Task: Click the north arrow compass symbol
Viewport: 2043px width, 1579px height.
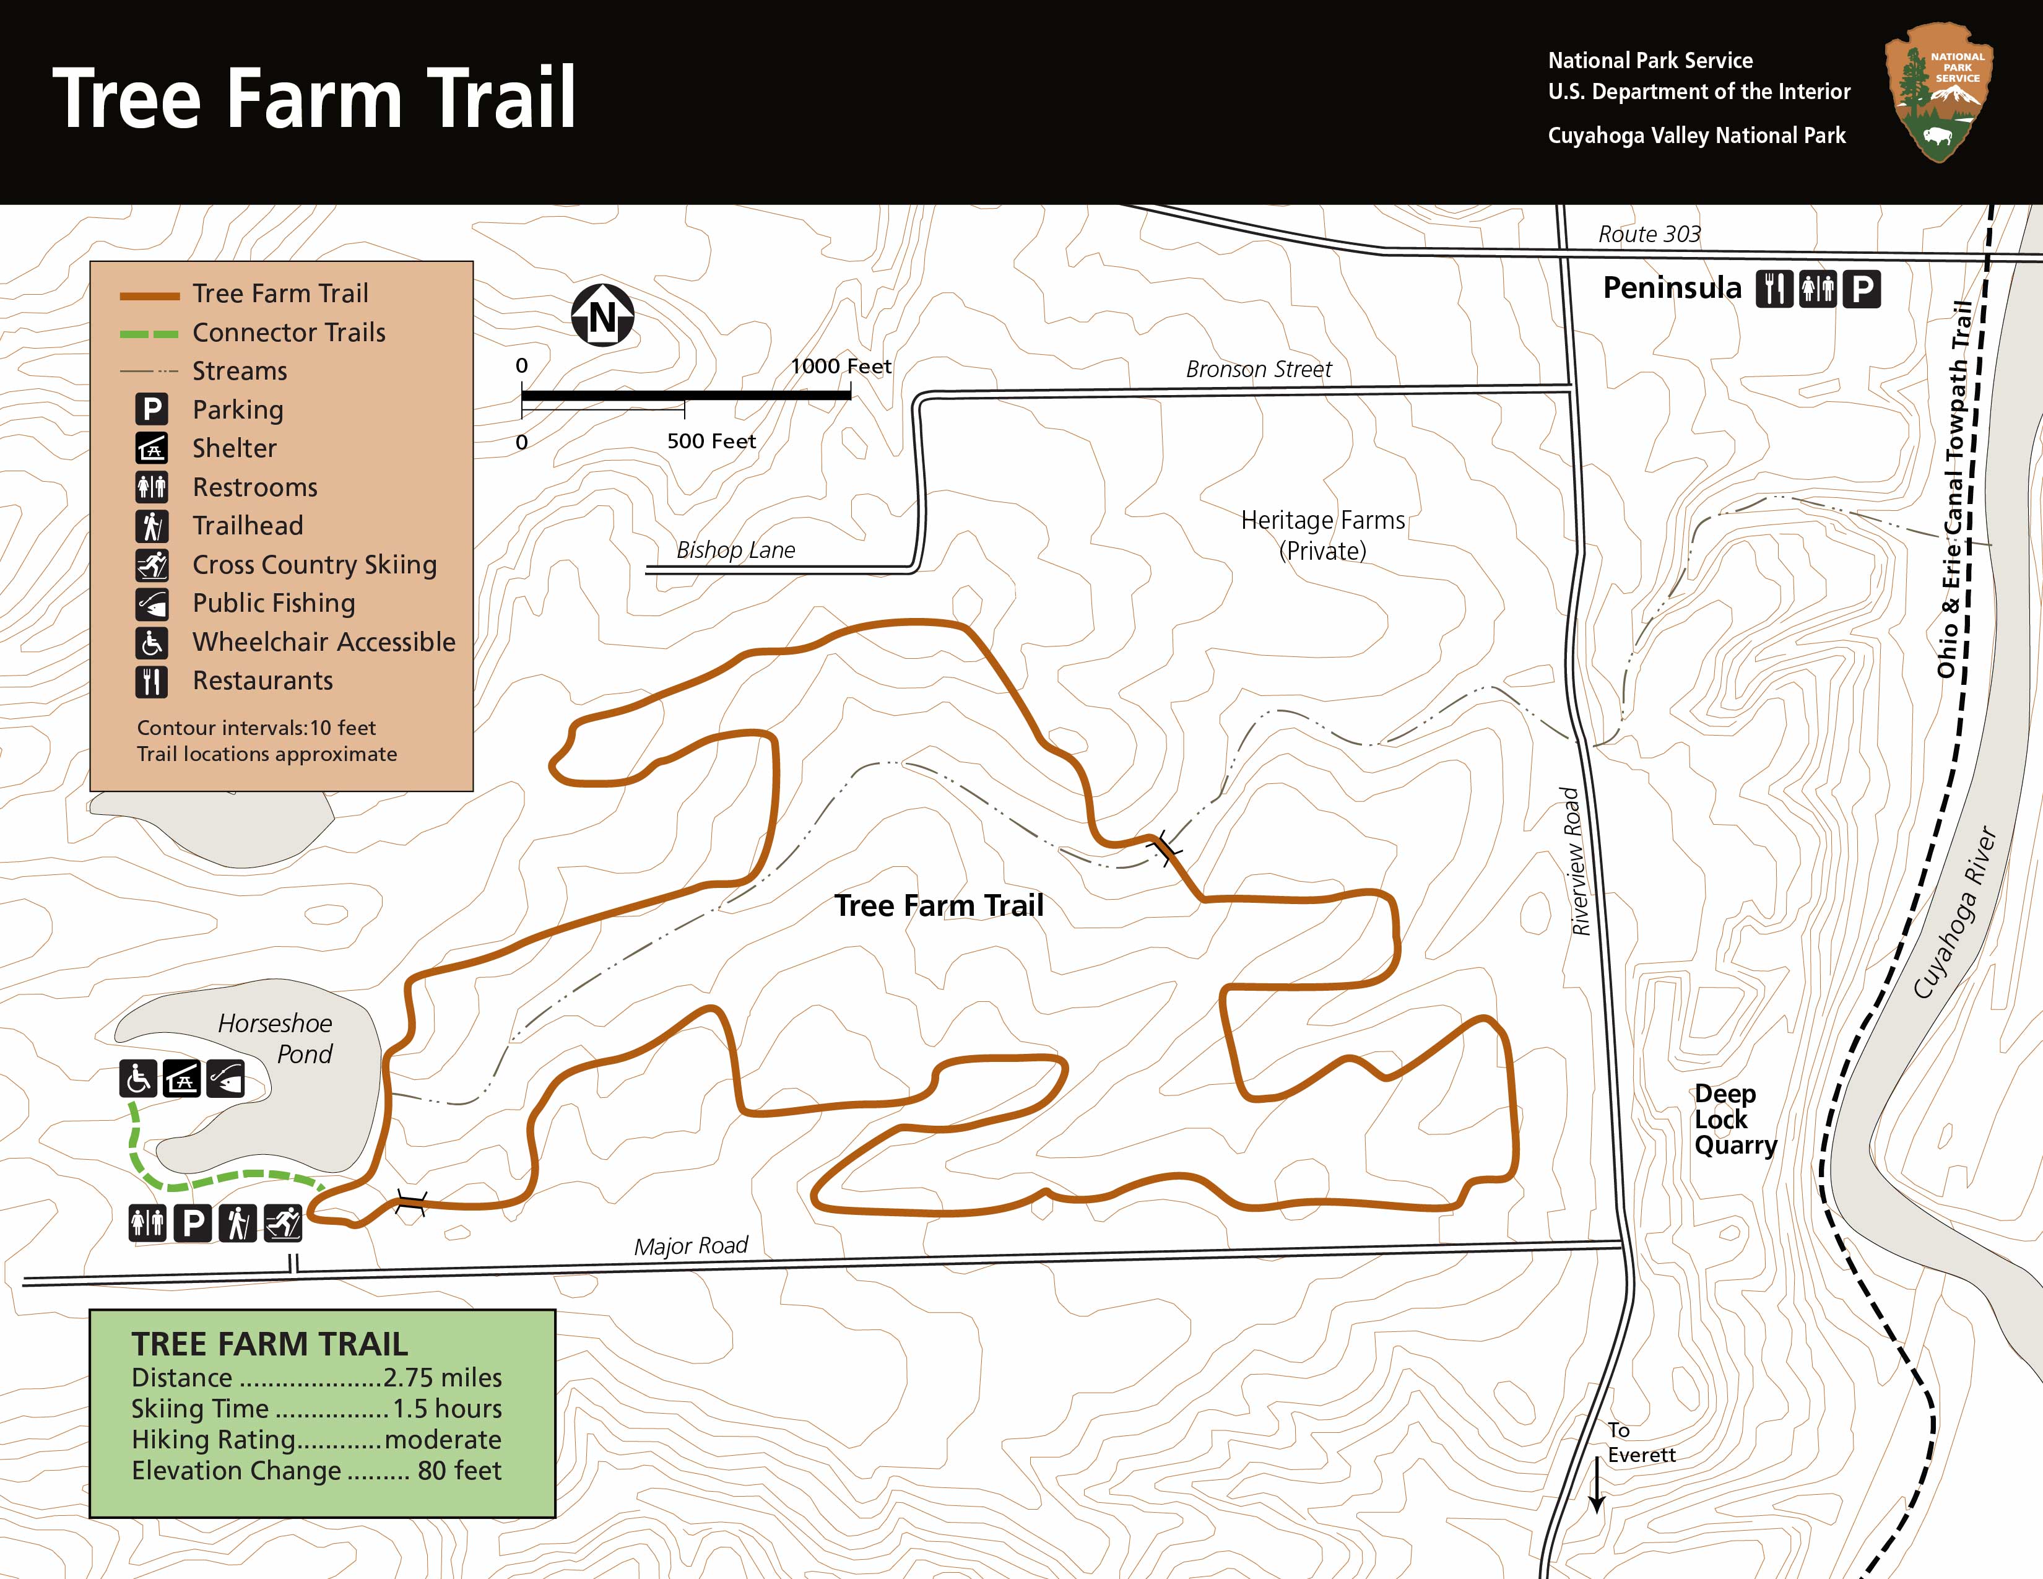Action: [602, 315]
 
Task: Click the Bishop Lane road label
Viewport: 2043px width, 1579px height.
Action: [735, 550]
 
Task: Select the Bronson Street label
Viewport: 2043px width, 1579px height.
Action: [1258, 370]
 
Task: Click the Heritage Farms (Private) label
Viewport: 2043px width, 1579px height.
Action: [1323, 535]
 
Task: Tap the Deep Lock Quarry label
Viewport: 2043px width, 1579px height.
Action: [1734, 1119]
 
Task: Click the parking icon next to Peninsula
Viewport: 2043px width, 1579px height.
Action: [1862, 289]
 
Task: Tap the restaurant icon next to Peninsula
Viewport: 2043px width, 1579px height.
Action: [1774, 289]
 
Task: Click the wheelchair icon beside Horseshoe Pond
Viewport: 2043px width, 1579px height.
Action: [139, 1079]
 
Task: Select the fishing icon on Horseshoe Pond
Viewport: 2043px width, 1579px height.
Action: [225, 1079]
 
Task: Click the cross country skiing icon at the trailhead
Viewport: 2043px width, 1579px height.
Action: [282, 1222]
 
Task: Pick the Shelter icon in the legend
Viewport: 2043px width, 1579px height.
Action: [152, 448]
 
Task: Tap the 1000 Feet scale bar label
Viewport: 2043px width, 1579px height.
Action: [840, 367]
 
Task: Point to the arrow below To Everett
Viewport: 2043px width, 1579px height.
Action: [1597, 1485]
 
